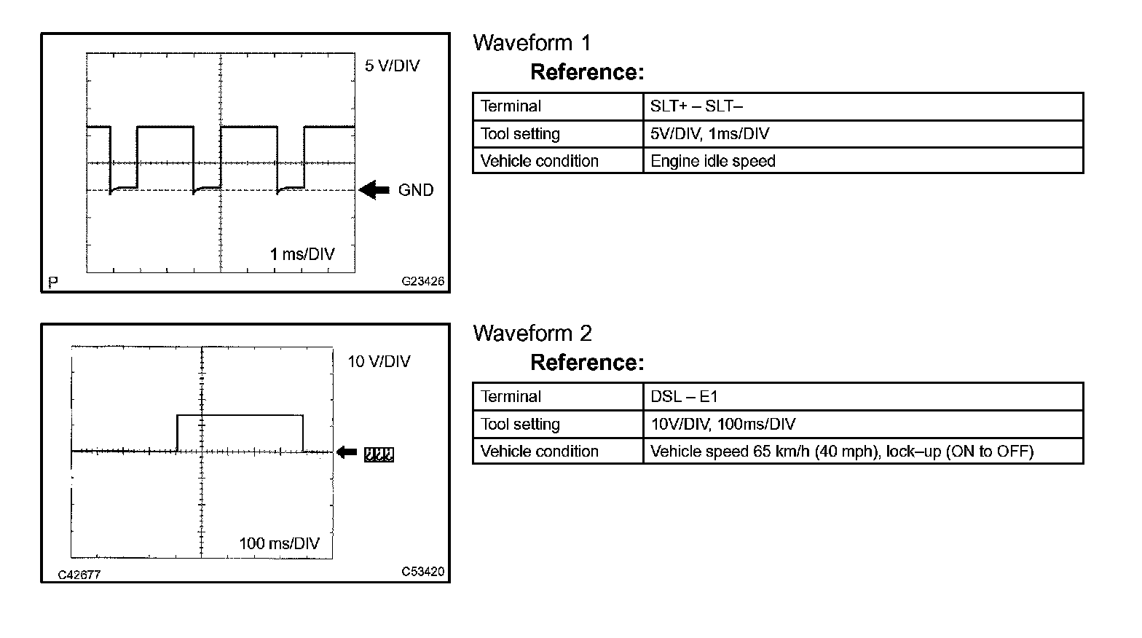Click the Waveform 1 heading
[x=532, y=43]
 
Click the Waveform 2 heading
[x=532, y=334]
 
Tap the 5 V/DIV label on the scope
[x=392, y=66]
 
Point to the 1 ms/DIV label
[x=302, y=254]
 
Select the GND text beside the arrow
[x=416, y=190]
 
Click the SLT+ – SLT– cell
[x=696, y=106]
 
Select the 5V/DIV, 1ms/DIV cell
[x=709, y=134]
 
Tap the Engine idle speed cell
[x=712, y=161]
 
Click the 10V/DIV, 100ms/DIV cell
[x=722, y=424]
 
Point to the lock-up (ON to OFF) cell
[x=841, y=452]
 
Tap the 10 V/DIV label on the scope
[x=379, y=361]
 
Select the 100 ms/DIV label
[x=279, y=543]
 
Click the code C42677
[x=79, y=575]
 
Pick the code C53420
[x=422, y=572]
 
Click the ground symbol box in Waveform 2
[x=379, y=454]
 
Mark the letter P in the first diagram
[x=52, y=282]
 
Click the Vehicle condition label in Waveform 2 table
[x=539, y=452]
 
